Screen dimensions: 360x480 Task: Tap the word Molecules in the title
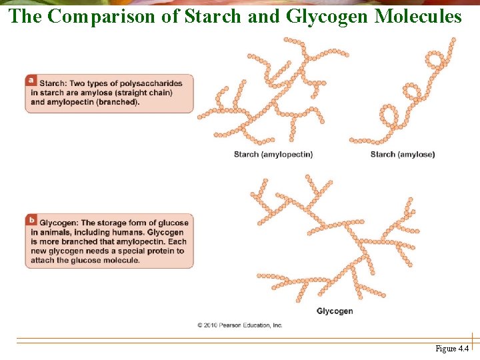pyautogui.click(x=418, y=16)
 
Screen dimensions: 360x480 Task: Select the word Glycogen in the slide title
pyautogui.click(x=327, y=16)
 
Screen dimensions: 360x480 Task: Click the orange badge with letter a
pyautogui.click(x=31, y=79)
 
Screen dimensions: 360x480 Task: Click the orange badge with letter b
pyautogui.click(x=31, y=219)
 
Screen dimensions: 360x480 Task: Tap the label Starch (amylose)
pyautogui.click(x=402, y=155)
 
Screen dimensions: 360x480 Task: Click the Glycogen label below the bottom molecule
pyautogui.click(x=334, y=311)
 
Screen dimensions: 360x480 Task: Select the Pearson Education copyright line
pyautogui.click(x=239, y=325)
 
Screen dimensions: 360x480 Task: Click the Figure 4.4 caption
pyautogui.click(x=452, y=349)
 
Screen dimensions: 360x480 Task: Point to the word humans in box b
pyautogui.click(x=117, y=232)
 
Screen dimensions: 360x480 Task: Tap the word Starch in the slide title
pyautogui.click(x=211, y=16)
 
